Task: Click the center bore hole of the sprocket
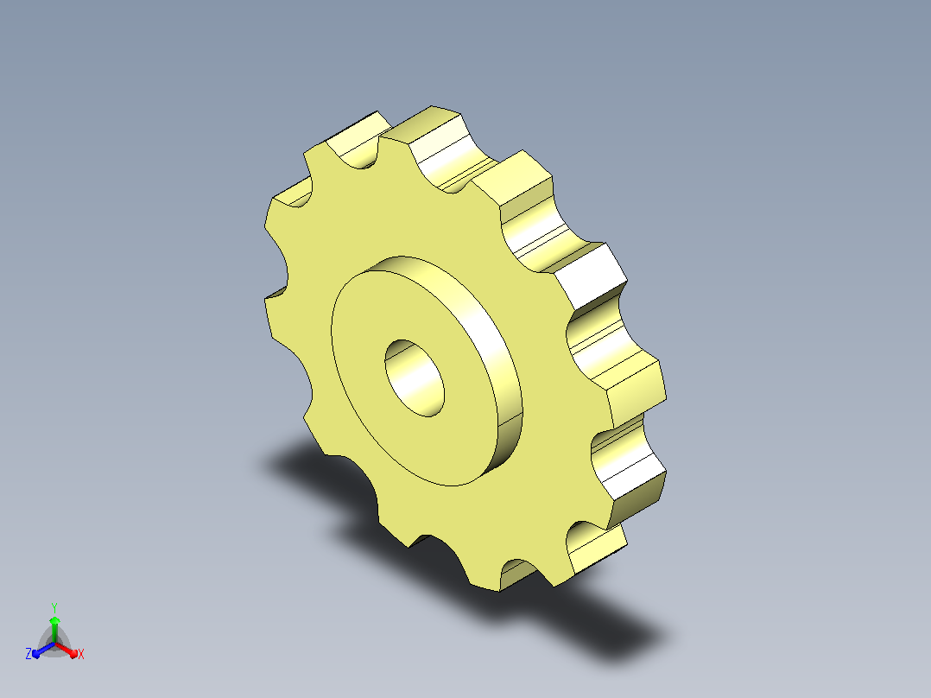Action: click(415, 378)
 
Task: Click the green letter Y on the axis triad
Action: click(54, 608)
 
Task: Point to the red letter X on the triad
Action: click(81, 654)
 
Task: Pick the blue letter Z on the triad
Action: click(28, 654)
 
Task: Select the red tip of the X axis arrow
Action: click(73, 654)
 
